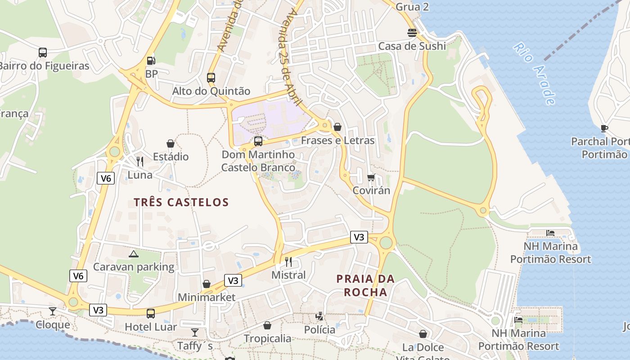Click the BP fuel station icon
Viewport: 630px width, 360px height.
151,60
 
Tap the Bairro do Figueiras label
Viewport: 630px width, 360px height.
44,66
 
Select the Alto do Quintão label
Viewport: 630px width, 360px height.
211,91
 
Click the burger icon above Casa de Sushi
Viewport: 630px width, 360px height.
412,32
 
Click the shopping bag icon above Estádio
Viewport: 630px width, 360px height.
171,144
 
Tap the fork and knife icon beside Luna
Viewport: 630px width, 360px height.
140,161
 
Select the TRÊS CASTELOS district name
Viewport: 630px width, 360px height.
181,202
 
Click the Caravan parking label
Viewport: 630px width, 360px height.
134,267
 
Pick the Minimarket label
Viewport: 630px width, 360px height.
207,297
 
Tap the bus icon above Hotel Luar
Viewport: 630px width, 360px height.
151,313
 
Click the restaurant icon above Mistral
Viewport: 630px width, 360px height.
288,261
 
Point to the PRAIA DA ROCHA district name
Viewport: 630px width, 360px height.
365,285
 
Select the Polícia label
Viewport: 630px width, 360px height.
319,330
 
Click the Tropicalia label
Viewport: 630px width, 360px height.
267,338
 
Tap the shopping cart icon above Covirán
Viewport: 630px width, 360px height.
371,177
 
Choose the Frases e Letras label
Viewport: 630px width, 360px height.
337,140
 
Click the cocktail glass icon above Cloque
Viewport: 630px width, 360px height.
53,311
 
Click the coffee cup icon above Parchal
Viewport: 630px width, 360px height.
604,129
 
